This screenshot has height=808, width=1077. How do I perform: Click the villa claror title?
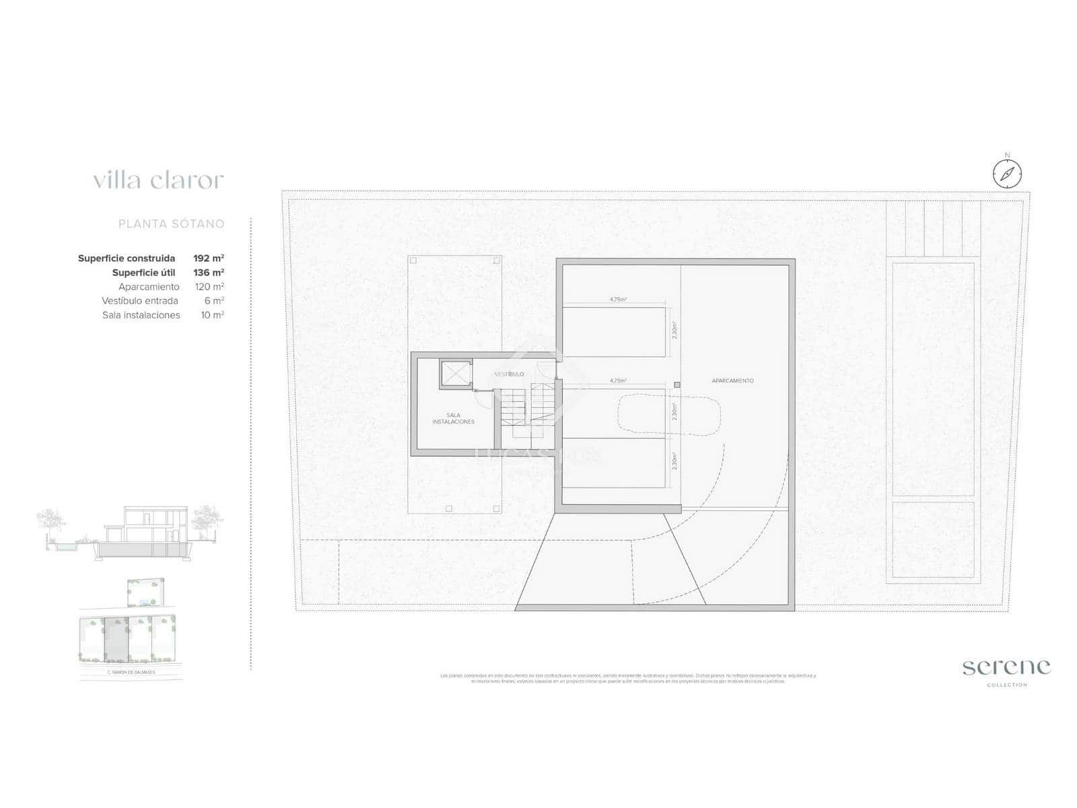[158, 180]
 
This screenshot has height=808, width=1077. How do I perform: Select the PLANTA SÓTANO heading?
[171, 224]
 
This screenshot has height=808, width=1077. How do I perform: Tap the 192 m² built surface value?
[209, 259]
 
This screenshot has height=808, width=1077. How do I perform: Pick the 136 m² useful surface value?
[209, 273]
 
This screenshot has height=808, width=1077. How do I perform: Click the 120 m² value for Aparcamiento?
[209, 287]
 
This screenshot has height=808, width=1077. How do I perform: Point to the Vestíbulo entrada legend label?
[140, 301]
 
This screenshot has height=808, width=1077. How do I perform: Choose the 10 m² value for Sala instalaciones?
[212, 315]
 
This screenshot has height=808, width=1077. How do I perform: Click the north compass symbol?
[1007, 173]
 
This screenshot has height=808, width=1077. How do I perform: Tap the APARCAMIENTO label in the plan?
[732, 381]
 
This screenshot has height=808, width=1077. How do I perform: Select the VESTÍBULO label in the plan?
[509, 374]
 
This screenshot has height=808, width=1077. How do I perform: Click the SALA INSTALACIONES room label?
[453, 419]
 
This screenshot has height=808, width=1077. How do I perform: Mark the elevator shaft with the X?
[456, 374]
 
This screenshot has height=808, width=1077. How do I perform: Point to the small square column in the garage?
[677, 385]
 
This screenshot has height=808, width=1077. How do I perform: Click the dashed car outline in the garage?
[670, 413]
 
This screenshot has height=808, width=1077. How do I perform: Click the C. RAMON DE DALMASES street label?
[131, 673]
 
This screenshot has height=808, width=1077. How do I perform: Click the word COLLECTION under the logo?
[1007, 685]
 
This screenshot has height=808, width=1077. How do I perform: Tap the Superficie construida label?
[127, 259]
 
